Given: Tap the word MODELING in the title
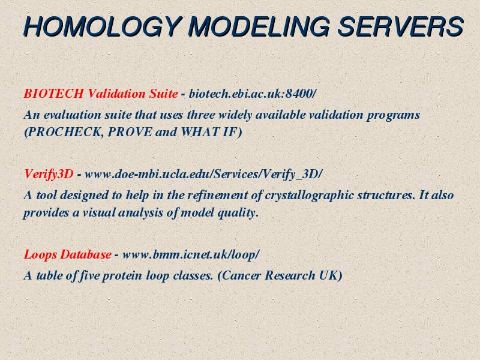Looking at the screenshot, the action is coord(259,26).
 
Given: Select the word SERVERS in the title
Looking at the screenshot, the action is coord(400,26).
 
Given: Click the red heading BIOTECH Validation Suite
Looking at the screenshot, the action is coord(101,94).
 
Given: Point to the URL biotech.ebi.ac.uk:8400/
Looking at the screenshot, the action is coord(252,94).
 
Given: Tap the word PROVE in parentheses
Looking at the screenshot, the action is coord(130,132).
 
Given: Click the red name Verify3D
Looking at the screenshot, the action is coord(49,174).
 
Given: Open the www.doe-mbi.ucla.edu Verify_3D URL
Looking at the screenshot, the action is coord(203,174).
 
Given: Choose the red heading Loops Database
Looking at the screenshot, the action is coord(67,254).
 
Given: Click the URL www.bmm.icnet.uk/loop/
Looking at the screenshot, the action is coord(191,254).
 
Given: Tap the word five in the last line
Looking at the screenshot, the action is coord(89,275).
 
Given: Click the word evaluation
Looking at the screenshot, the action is coord(72,115).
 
